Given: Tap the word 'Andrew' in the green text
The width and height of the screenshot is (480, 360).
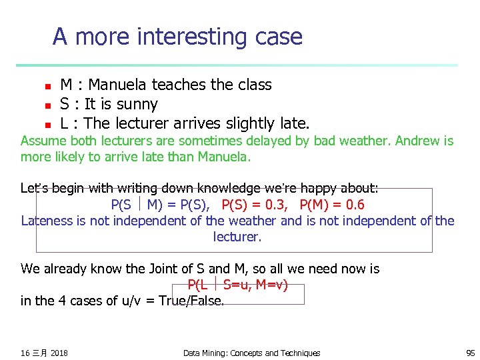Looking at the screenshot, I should tap(421, 141).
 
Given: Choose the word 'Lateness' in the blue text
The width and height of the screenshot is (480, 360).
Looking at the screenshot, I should tap(46, 221).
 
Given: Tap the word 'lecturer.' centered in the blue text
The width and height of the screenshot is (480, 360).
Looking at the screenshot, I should tap(237, 237).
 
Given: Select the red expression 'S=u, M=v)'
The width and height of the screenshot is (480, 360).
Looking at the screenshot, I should tap(255, 285).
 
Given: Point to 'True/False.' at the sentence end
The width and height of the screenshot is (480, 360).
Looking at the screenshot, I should tap(191, 301).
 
